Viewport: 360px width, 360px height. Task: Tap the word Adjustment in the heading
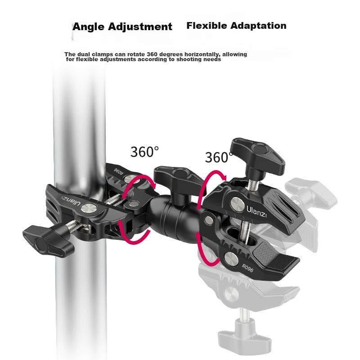point(140,27)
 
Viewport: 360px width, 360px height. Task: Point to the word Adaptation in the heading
point(258,26)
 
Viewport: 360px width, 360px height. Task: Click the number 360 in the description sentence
point(152,54)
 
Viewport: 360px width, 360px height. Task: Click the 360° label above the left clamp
point(144,152)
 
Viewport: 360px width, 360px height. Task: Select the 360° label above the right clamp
point(219,157)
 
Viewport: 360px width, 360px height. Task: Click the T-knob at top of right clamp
point(257,156)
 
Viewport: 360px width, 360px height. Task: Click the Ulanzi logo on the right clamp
point(256,211)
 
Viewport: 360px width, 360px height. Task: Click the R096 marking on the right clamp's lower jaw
point(247,268)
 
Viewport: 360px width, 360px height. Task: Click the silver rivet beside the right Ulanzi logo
point(238,204)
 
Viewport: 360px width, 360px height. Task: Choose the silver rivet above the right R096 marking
point(231,258)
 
